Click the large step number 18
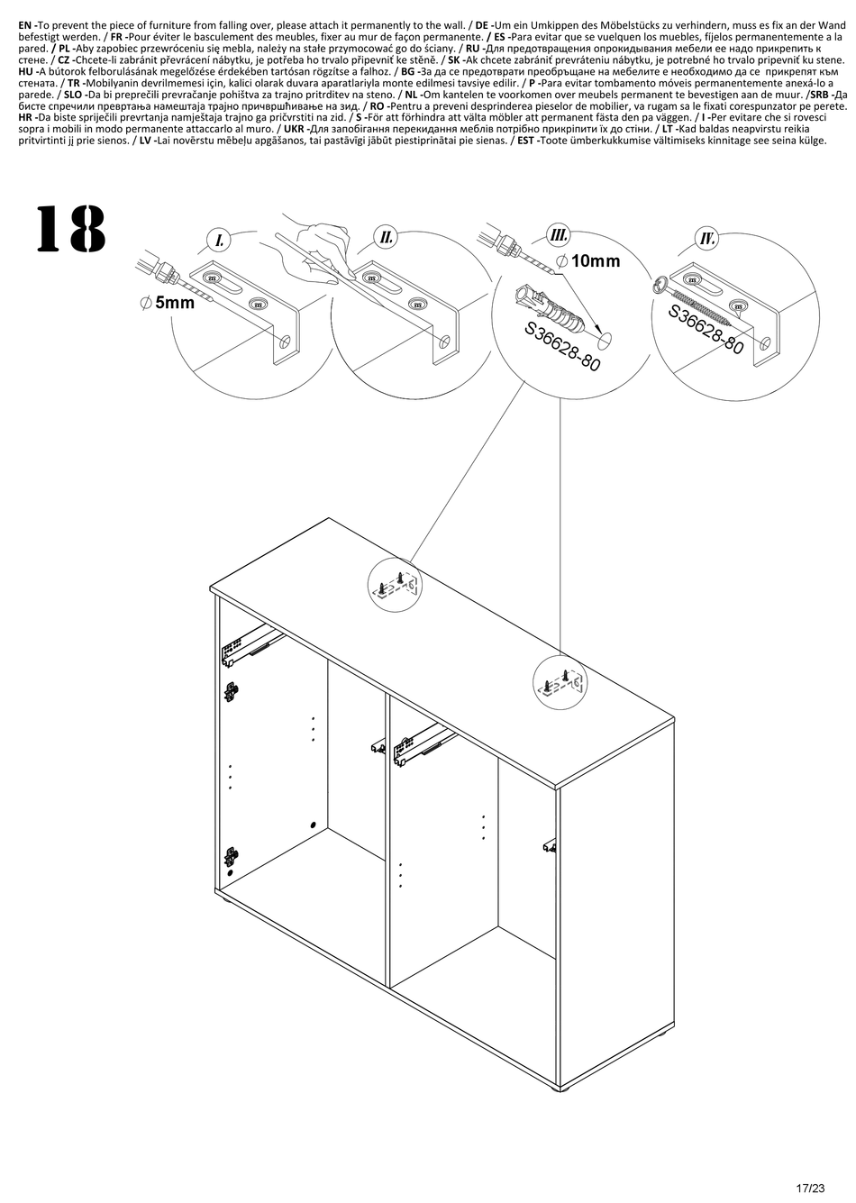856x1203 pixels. coord(71,228)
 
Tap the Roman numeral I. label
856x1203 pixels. coord(220,240)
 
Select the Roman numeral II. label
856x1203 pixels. coord(387,237)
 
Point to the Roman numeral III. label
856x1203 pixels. coord(558,234)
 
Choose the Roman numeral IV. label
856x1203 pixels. coord(707,238)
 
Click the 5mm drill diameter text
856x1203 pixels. coord(167,303)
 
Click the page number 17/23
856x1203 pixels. coord(810,1188)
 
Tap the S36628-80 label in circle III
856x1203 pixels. coord(561,346)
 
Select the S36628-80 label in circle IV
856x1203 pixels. coord(706,330)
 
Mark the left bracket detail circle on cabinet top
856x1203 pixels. coord(396,586)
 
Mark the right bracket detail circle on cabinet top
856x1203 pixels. coord(560,682)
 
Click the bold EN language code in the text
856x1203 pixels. coord(27,24)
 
